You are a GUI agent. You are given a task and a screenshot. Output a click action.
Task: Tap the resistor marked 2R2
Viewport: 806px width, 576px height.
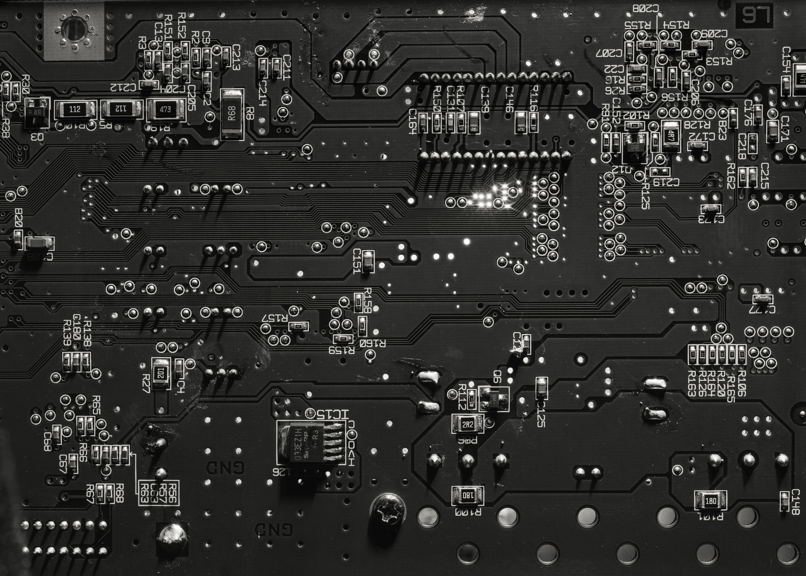468,424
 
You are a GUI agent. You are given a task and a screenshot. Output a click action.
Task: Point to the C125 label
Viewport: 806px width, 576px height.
541,413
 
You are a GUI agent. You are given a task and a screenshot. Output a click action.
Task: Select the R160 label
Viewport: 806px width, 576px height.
373,343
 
